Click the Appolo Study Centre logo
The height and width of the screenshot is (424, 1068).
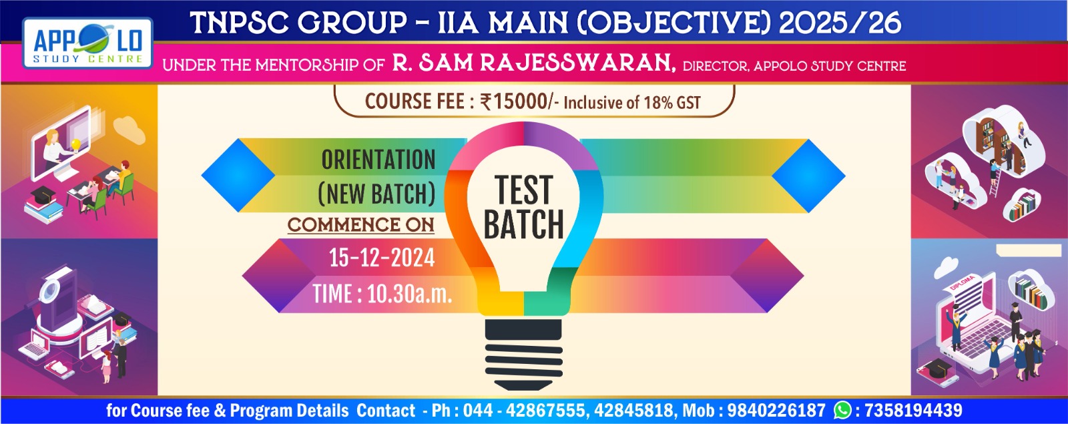click(x=87, y=43)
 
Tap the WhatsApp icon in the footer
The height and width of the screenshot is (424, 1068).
click(x=843, y=410)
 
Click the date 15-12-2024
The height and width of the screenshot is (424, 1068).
click(x=382, y=258)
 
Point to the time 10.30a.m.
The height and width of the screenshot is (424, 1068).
click(x=409, y=294)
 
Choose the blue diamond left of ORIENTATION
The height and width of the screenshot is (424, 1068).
click(x=238, y=175)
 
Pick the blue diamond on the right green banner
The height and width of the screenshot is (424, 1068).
click(x=808, y=176)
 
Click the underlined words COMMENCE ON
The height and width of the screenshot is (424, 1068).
click(x=361, y=224)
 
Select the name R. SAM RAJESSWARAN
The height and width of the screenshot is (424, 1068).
click(x=534, y=63)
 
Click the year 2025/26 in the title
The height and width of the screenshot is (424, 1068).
click(x=840, y=23)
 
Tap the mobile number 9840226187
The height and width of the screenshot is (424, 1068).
click(x=777, y=411)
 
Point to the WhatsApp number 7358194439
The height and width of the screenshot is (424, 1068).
click(x=914, y=411)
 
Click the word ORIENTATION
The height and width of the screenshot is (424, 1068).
click(x=378, y=160)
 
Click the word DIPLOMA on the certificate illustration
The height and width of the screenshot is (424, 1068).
click(x=962, y=283)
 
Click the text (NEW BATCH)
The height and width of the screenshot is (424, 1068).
click(x=376, y=194)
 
